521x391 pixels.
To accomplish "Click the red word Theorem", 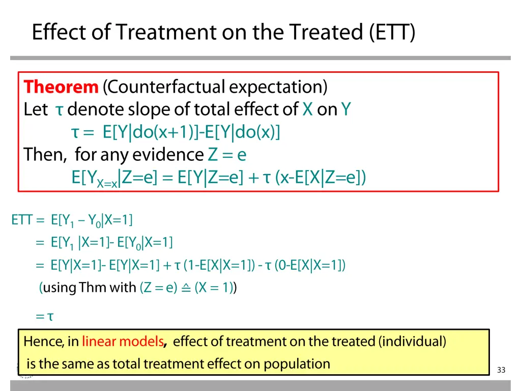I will click(x=61, y=87).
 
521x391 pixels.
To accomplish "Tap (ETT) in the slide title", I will click(x=392, y=32).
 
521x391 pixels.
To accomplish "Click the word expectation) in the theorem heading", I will click(x=278, y=87).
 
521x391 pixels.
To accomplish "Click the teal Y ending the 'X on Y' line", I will click(x=345, y=109).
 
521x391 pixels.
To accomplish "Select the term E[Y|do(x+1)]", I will click(x=151, y=132).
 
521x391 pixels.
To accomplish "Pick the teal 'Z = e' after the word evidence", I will click(x=227, y=155).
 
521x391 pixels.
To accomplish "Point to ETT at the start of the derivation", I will click(x=21, y=220).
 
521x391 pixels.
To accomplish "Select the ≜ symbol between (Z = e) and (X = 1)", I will click(x=186, y=288).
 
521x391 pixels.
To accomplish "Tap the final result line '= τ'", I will click(x=45, y=316).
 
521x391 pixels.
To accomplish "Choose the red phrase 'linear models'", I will click(x=123, y=342).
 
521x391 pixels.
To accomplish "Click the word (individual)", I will click(x=412, y=342).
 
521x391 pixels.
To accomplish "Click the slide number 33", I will click(x=501, y=370).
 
